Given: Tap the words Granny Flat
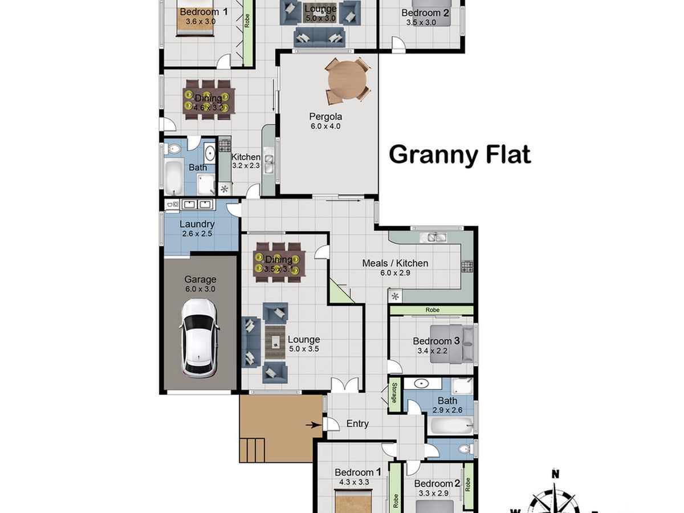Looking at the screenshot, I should pos(459,154).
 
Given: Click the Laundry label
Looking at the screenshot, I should pos(197,224).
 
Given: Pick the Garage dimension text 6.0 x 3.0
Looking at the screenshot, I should pos(200,289).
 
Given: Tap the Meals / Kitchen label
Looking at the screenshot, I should pos(395,263).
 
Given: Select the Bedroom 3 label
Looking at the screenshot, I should pos(436,341).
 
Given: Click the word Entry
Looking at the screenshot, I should pos(357,424).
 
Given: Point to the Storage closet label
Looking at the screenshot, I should pos(394,394).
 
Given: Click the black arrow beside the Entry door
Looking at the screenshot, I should pos(311,425).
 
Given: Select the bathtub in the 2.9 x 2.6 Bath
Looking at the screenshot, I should pos(451,425).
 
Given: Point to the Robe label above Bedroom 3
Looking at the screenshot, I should pos(431,310).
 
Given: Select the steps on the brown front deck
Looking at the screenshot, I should pos(252,450).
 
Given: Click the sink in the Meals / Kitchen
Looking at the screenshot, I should pos(433,237).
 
